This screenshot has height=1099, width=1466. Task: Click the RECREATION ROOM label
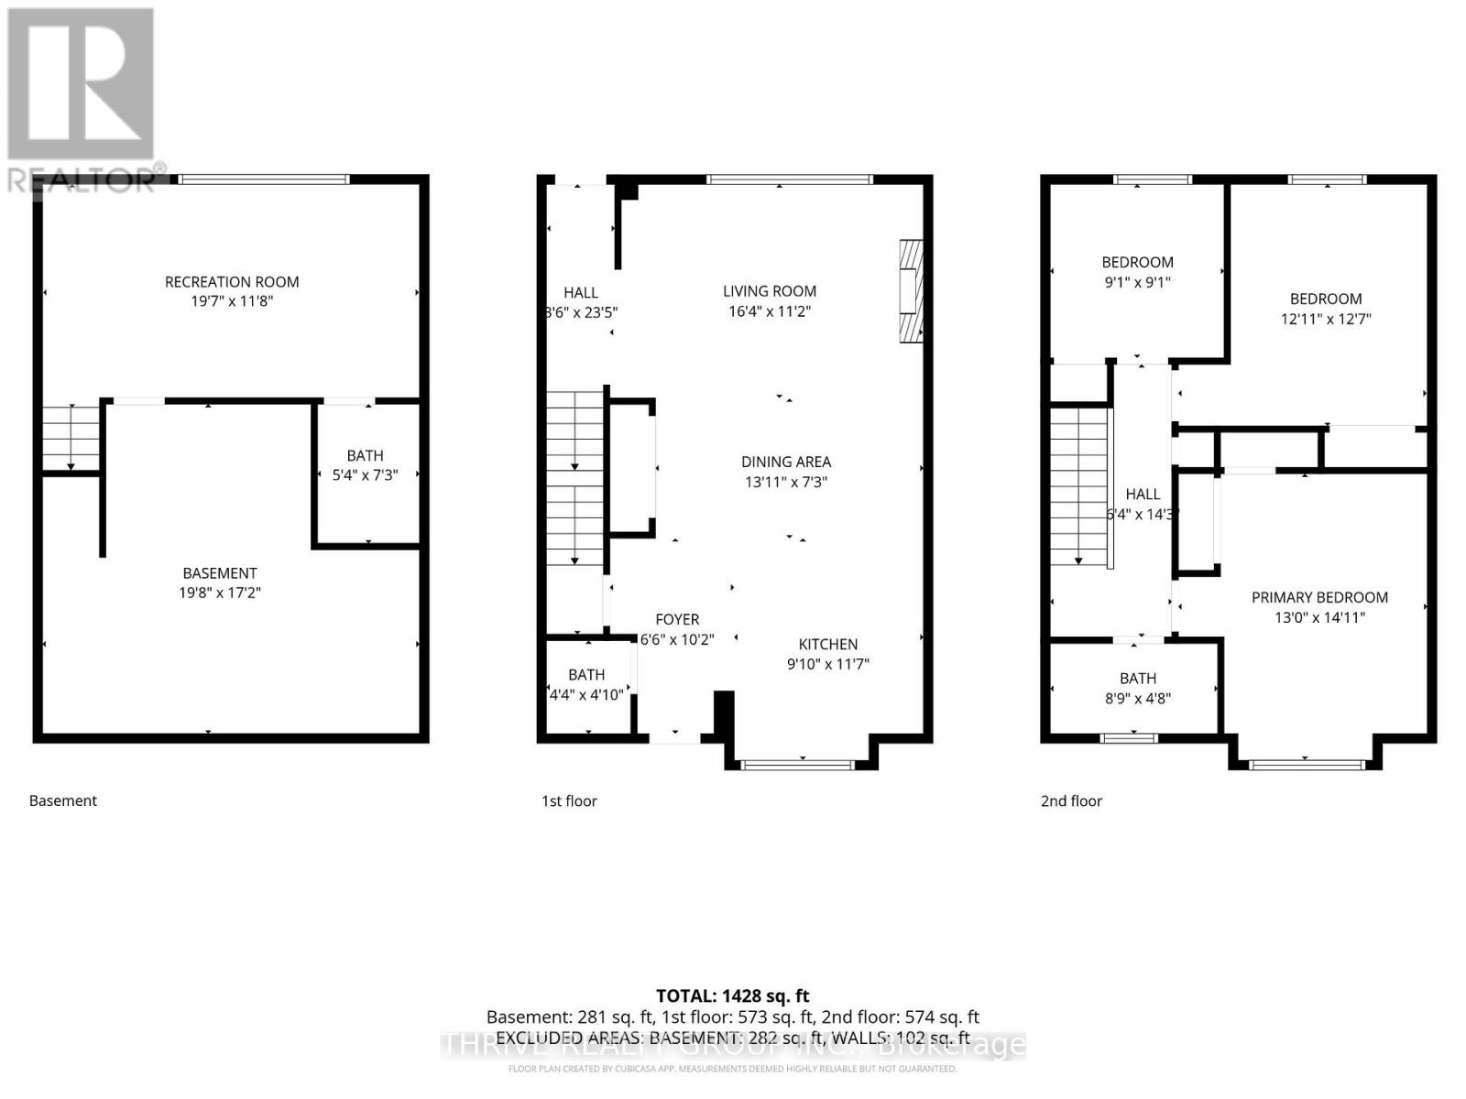[x=232, y=282]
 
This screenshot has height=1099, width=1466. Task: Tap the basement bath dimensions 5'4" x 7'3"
[x=365, y=475]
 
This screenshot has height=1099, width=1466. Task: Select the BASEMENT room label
[x=219, y=573]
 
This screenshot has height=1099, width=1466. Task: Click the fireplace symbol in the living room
[x=911, y=291]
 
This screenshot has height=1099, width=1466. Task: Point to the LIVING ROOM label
[x=769, y=291]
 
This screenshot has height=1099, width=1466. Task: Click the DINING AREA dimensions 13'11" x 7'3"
[x=786, y=482]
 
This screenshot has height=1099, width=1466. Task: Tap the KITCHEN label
[x=827, y=644]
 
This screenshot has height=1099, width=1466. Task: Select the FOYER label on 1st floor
[x=677, y=619]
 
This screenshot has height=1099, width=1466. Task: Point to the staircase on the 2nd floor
[x=1079, y=485]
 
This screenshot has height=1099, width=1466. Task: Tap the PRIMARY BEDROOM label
[x=1319, y=597]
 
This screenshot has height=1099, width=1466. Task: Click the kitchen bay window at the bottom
[x=797, y=764]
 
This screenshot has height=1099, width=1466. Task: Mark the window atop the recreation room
[x=264, y=180]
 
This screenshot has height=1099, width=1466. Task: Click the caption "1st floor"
[x=569, y=800]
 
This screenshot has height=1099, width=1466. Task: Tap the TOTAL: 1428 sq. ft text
[x=732, y=996]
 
